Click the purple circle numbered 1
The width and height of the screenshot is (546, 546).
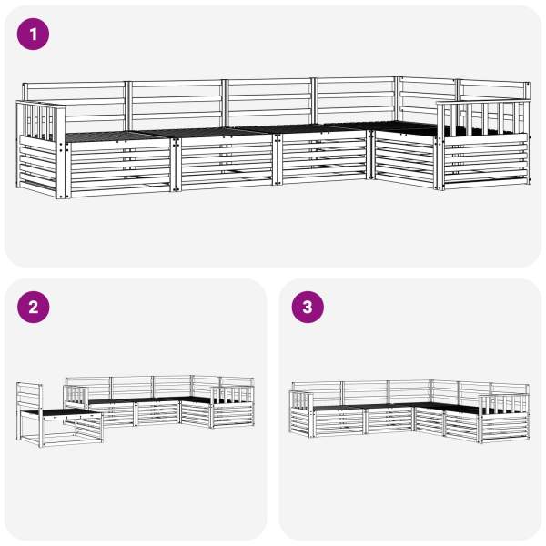33,35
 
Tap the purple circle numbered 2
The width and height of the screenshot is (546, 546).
33,308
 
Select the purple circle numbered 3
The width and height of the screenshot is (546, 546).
308,308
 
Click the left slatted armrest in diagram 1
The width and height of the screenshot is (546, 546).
41,120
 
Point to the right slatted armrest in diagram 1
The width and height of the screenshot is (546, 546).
484,118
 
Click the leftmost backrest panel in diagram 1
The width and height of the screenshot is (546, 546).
74,106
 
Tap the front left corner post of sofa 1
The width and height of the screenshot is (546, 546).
63,153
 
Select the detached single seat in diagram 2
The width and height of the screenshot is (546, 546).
59,414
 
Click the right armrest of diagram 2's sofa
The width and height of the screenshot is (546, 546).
231,396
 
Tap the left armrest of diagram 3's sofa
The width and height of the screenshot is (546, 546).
301,399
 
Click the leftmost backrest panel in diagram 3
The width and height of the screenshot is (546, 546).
317,393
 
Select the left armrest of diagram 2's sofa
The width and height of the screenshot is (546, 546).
76,396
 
